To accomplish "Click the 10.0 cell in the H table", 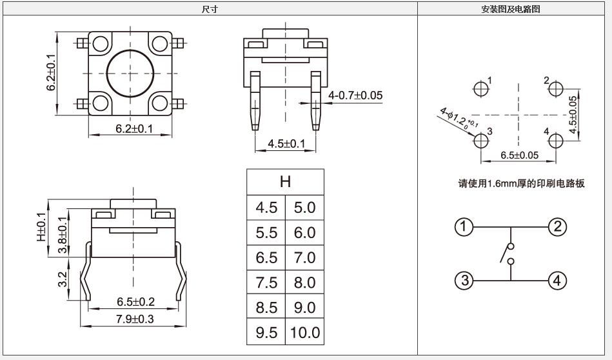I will click(x=304, y=332).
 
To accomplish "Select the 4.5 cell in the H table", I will click(x=266, y=208).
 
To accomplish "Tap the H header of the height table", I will click(x=284, y=182).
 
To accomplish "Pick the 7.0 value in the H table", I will click(x=304, y=257).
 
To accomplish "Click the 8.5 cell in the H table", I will click(x=266, y=308).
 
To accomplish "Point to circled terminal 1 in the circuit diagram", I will click(x=463, y=226).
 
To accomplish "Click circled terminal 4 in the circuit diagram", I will click(x=557, y=281).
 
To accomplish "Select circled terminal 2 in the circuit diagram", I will click(x=557, y=226).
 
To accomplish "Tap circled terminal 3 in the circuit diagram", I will click(x=463, y=281).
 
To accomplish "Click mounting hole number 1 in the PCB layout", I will click(x=481, y=88).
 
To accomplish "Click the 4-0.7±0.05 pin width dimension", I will click(x=355, y=95).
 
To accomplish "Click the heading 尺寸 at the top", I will click(x=210, y=9).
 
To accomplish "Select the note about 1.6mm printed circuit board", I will click(x=521, y=183).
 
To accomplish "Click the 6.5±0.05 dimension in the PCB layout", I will click(x=519, y=155).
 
